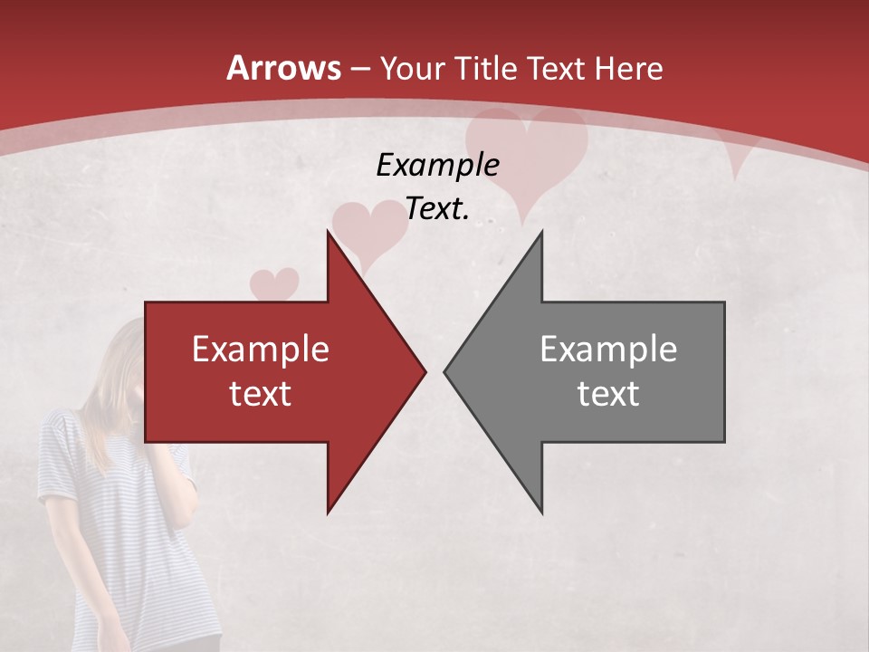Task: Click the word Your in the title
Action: (x=411, y=68)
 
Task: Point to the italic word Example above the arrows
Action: (x=437, y=165)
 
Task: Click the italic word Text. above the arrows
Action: (x=437, y=209)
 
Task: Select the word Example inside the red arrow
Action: (x=261, y=349)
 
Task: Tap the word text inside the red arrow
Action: (x=261, y=393)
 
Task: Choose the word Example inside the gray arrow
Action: (x=608, y=349)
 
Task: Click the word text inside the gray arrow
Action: (x=608, y=393)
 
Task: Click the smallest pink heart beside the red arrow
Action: (x=273, y=283)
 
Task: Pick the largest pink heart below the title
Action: (x=525, y=158)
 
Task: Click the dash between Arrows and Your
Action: (x=360, y=69)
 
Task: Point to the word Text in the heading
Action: (x=556, y=68)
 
